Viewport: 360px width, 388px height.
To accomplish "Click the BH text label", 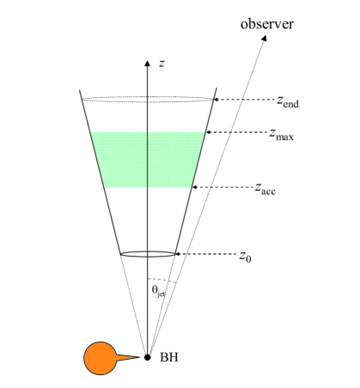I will [172, 357].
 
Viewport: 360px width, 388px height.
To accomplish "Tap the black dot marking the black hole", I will [148, 356].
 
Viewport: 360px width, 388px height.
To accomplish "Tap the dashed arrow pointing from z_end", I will [243, 101].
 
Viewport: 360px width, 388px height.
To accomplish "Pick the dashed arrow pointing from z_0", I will [206, 254].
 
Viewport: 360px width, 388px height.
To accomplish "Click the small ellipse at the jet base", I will [148, 254].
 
